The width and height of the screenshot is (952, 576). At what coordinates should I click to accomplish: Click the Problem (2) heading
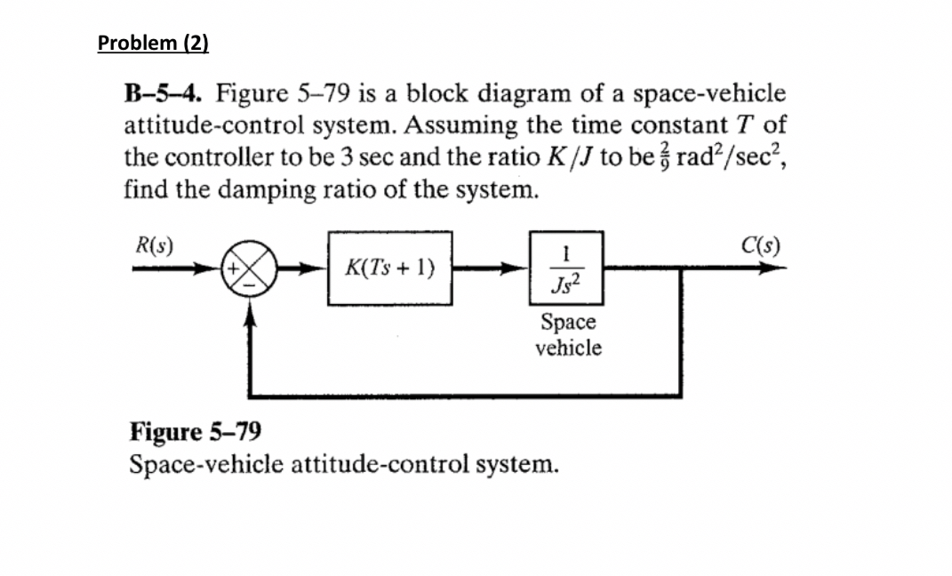point(153,43)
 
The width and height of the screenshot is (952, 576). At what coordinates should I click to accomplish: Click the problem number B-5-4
point(165,93)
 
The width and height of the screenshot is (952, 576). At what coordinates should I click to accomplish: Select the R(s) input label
point(154,243)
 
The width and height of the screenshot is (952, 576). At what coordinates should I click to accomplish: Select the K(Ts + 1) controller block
point(390,268)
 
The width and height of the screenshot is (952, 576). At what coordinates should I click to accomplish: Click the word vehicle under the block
point(567,348)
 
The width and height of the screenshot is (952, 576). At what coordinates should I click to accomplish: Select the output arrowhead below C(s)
point(764,268)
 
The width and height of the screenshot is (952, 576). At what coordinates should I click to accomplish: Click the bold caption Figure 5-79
point(196,433)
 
